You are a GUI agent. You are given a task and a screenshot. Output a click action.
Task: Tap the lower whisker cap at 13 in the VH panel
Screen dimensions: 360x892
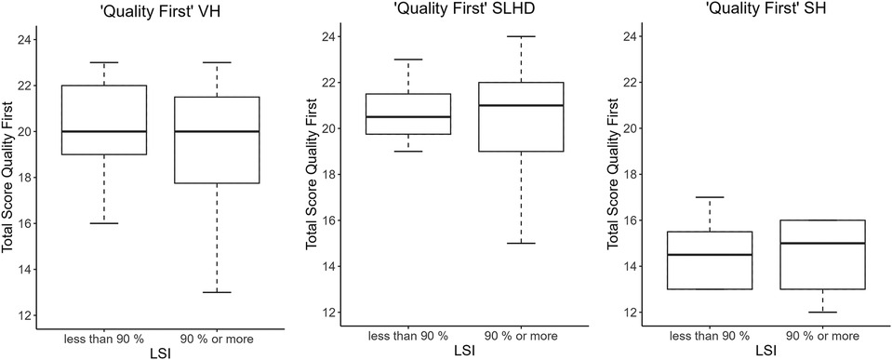(216, 292)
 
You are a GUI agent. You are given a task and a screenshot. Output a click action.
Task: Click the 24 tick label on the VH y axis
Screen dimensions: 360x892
(24, 40)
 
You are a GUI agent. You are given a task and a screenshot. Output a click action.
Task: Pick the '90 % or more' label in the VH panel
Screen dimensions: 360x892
(216, 333)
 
